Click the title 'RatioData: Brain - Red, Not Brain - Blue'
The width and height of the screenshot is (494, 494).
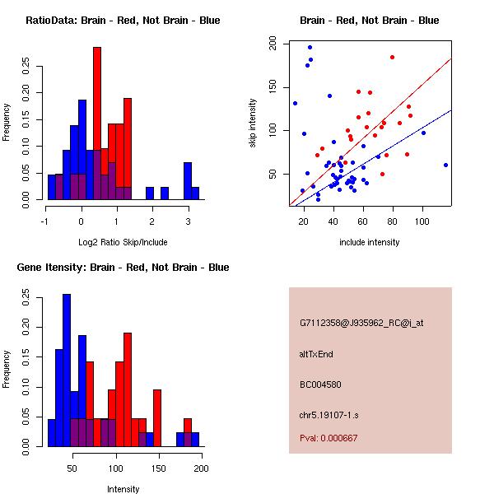(x=123, y=21)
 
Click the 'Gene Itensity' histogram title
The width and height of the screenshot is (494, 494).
(x=123, y=268)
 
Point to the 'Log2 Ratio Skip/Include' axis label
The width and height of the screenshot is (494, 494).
(x=123, y=242)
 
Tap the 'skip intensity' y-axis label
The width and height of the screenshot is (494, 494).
(x=253, y=123)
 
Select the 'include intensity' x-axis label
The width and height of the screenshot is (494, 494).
(x=370, y=242)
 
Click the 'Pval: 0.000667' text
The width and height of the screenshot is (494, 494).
(x=329, y=438)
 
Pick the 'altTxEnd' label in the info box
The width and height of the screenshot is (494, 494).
(x=315, y=354)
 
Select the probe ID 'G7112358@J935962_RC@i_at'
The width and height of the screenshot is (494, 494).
(x=361, y=324)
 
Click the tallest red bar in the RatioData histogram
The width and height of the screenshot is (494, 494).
(x=97, y=123)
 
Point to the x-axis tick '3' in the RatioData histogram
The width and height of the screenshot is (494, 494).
(x=189, y=221)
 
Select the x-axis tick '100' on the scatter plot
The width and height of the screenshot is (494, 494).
(x=422, y=221)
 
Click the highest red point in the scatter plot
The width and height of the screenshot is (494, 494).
(x=392, y=57)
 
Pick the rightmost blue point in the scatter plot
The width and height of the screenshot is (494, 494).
(x=445, y=165)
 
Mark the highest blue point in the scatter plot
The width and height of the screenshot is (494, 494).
(x=310, y=47)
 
